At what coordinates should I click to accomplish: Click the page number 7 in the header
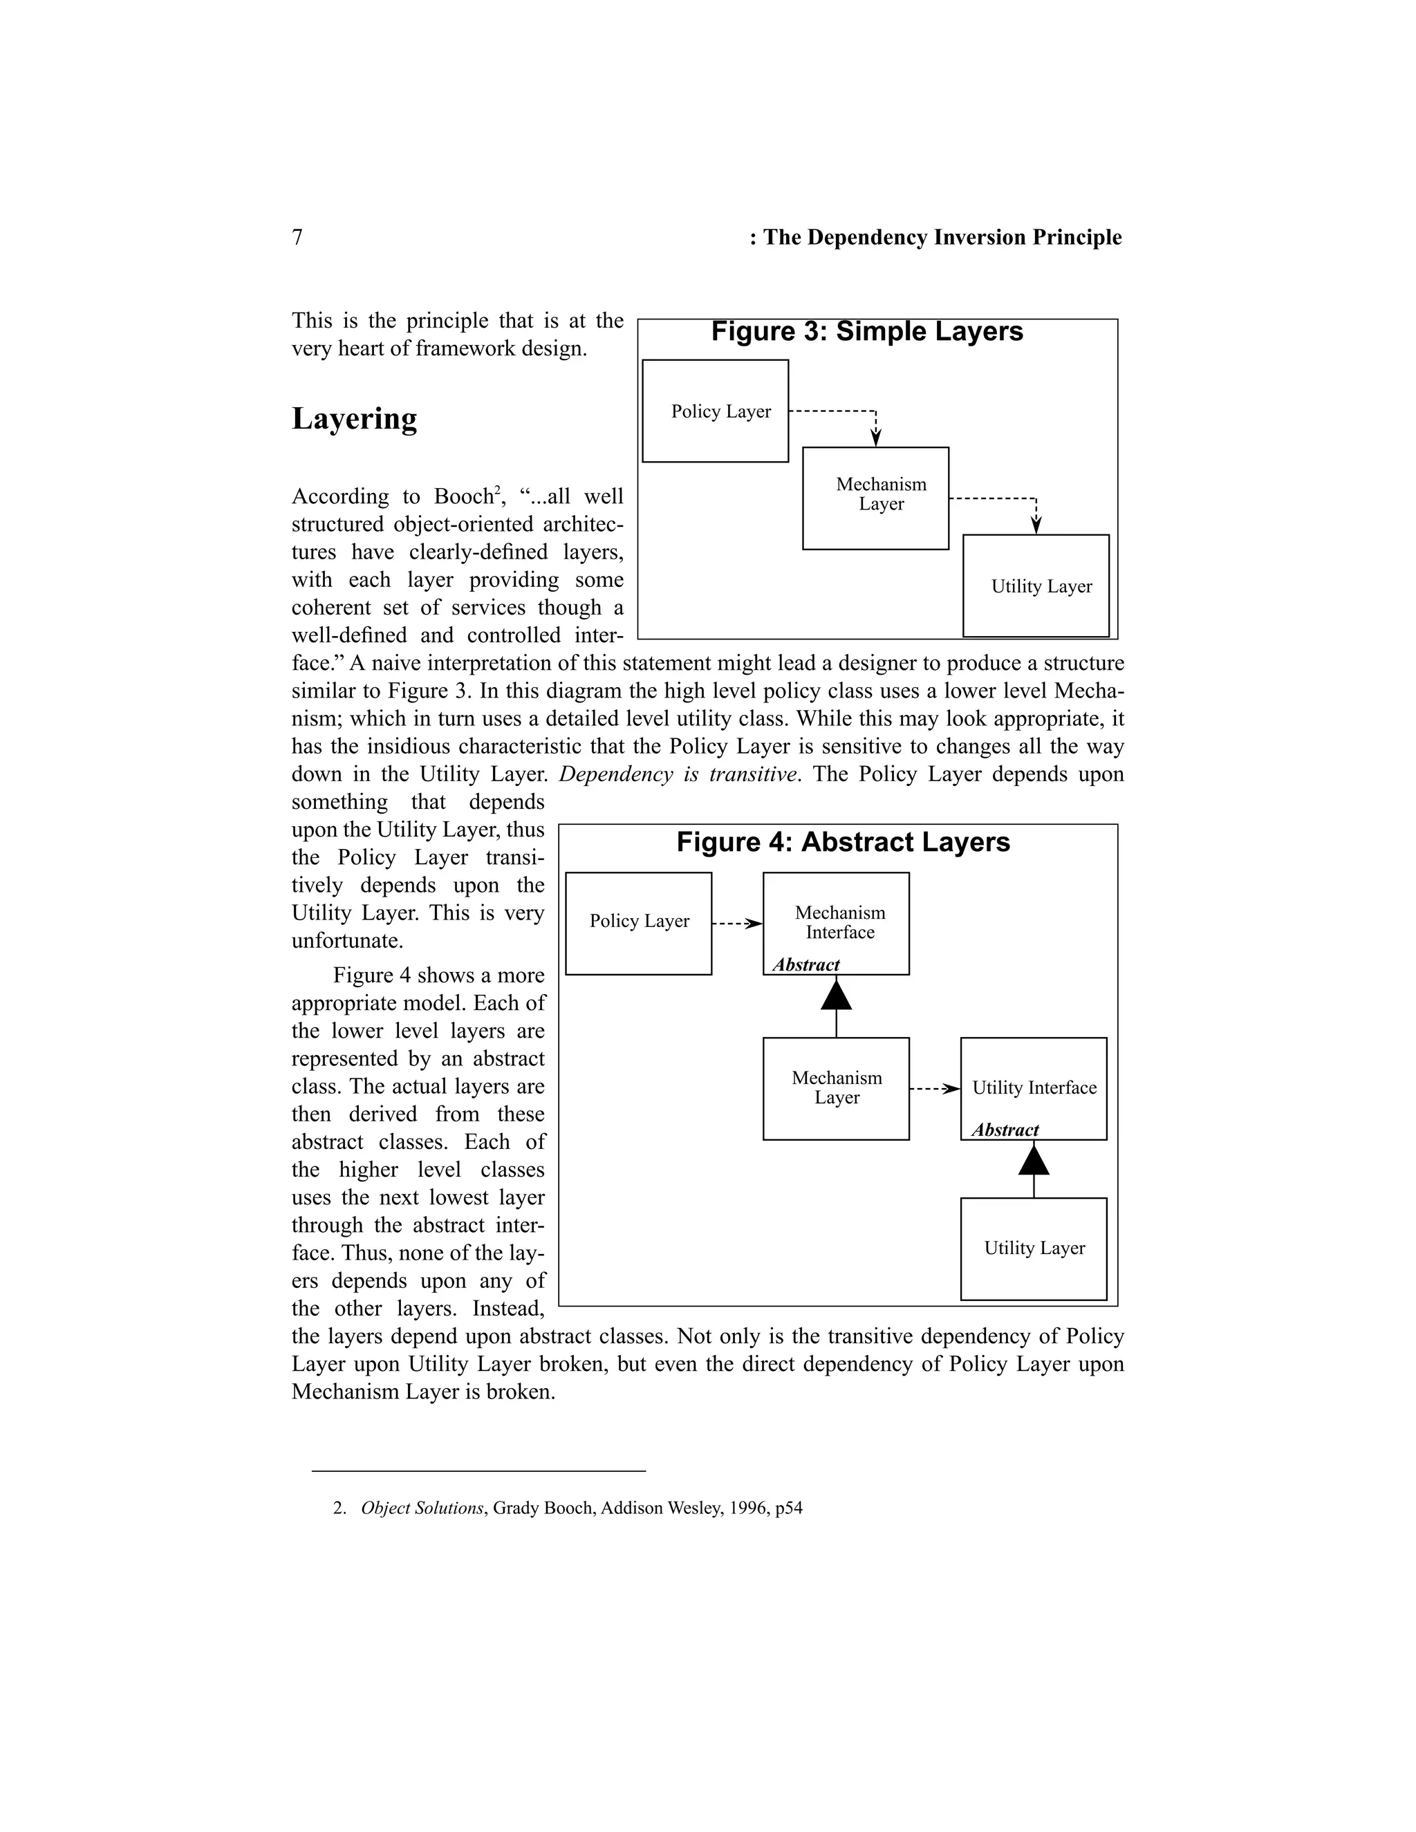point(297,237)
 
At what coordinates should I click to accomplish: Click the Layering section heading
point(354,418)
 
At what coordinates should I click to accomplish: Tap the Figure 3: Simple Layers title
point(866,331)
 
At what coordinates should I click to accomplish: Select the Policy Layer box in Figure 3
point(715,411)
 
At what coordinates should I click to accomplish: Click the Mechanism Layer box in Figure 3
point(875,498)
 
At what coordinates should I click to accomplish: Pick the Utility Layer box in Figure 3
point(1035,586)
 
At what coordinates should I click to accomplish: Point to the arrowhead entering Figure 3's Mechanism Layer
point(876,437)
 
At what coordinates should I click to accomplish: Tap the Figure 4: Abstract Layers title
point(843,842)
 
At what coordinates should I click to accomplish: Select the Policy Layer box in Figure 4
point(638,923)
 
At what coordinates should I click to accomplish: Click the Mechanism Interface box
point(835,923)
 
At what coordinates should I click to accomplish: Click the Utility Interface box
point(1034,1088)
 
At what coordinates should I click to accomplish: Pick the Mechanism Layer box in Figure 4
point(835,1088)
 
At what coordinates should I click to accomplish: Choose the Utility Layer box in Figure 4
point(1034,1248)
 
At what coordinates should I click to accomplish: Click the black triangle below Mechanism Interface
point(837,996)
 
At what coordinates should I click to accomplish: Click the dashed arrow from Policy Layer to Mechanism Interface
point(736,924)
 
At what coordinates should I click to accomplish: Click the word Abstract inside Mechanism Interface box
point(805,964)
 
